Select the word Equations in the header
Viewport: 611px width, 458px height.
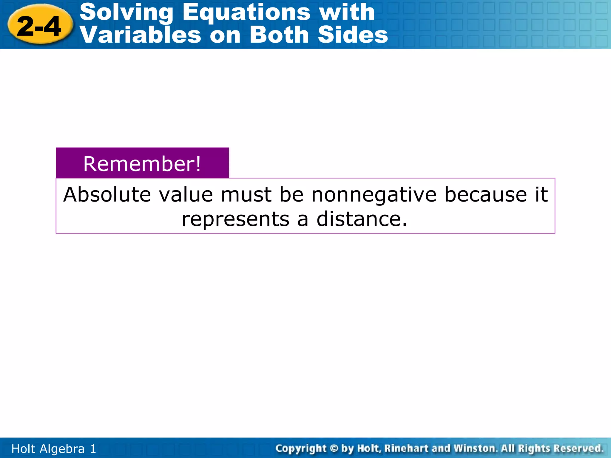click(246, 13)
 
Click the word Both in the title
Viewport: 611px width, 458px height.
click(279, 35)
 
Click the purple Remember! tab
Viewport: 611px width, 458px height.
click(142, 163)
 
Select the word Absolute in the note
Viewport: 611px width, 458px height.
click(107, 195)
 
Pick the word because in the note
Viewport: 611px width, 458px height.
click(486, 195)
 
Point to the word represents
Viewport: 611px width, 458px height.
click(236, 219)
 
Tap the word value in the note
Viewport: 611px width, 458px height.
click(186, 195)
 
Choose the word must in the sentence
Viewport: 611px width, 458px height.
click(246, 195)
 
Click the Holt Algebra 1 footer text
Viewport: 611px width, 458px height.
click(54, 449)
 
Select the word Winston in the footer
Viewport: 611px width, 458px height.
click(474, 448)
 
